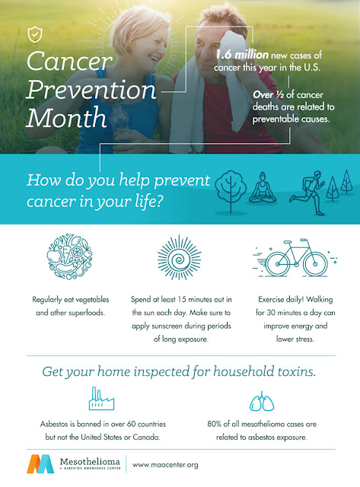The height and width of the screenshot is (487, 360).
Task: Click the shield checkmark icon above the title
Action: pyautogui.click(x=35, y=34)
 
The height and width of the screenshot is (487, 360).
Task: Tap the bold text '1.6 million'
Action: pyautogui.click(x=242, y=55)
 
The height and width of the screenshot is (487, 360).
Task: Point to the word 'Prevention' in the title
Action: pyautogui.click(x=91, y=90)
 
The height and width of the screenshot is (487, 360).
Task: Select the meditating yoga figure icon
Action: pyautogui.click(x=263, y=188)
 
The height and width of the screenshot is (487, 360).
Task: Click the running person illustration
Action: pyautogui.click(x=307, y=193)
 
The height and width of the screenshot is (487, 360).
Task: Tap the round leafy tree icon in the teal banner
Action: pyautogui.click(x=231, y=192)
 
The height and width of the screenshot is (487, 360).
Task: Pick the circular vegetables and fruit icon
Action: pyautogui.click(x=69, y=256)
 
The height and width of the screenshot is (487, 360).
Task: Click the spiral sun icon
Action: pyautogui.click(x=179, y=257)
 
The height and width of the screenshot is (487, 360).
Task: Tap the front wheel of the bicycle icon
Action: pyautogui.click(x=315, y=264)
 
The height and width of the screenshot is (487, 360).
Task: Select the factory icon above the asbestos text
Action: pyautogui.click(x=101, y=399)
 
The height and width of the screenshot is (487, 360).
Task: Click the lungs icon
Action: pyautogui.click(x=262, y=401)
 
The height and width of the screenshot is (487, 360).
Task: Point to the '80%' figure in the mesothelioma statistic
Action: pyautogui.click(x=215, y=424)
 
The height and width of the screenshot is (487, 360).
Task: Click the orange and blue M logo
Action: pyautogui.click(x=40, y=464)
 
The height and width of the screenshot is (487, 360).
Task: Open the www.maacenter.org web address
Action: pyautogui.click(x=165, y=465)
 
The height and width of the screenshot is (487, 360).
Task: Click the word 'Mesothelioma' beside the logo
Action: pyautogui.click(x=90, y=462)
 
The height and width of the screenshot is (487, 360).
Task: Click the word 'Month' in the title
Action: pyautogui.click(x=66, y=118)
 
